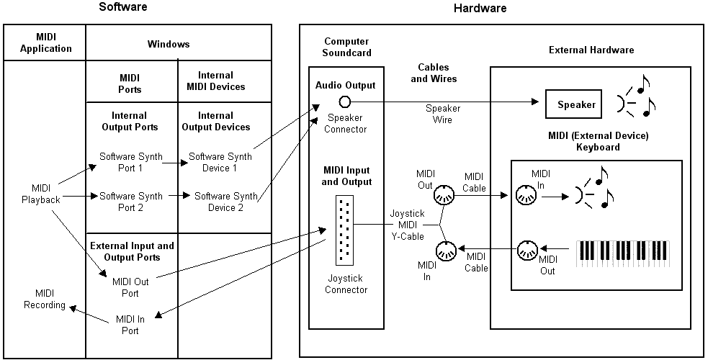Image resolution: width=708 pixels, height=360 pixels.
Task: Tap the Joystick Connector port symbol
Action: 344,230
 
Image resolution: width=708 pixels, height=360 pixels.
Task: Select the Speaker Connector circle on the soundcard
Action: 345,102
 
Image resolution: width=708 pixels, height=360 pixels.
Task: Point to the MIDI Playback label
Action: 40,194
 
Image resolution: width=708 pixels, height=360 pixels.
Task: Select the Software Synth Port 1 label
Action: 131,162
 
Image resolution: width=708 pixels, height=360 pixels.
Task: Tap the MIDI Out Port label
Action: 130,287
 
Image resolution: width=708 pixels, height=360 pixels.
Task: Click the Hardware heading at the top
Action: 480,9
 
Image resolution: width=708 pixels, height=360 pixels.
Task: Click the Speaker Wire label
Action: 443,114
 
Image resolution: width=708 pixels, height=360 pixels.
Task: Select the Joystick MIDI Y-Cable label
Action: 408,225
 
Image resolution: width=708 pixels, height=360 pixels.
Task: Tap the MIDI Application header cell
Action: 45,43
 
